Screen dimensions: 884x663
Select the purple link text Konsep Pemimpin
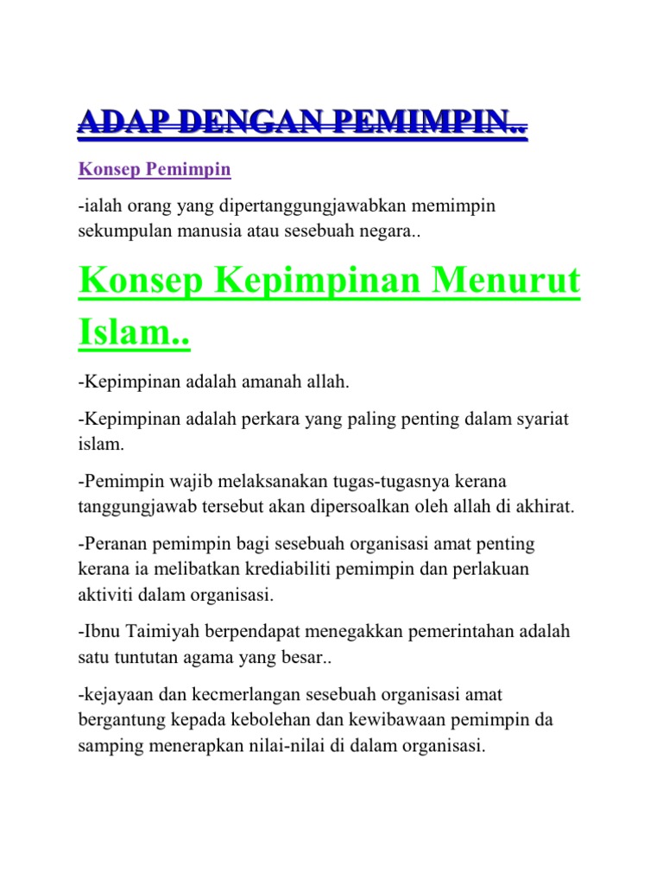pos(155,169)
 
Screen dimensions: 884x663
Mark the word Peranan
pos(114,544)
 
